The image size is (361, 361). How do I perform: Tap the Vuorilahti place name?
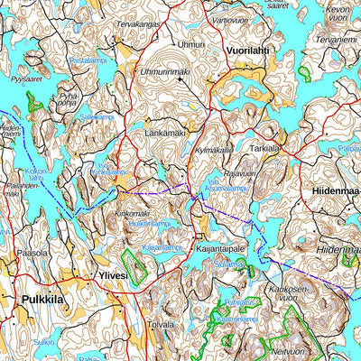(x=249, y=51)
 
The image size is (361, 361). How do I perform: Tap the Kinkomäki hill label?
(x=131, y=213)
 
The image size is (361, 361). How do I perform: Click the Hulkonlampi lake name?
(x=150, y=223)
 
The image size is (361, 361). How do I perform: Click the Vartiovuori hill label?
(x=229, y=19)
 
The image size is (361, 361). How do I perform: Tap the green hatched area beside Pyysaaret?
(x=36, y=101)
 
